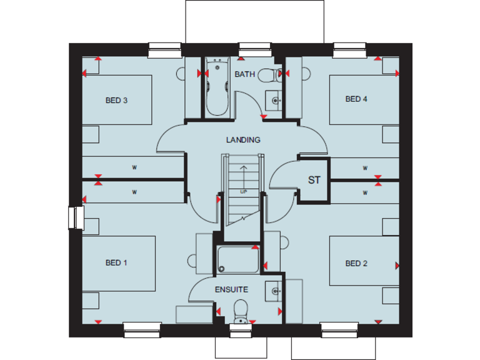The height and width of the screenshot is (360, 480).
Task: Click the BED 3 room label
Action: pos(116,100)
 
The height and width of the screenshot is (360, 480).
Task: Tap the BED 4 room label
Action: pos(356,99)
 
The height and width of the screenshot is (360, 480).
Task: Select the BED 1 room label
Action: pos(116,263)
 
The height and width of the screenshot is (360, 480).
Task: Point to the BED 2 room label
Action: pos(356,263)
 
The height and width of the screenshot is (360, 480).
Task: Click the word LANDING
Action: pos(243,140)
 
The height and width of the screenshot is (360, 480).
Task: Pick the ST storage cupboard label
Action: pos(314,180)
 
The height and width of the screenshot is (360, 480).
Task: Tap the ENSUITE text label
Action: pos(231,289)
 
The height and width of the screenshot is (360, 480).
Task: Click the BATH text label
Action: pos(244,74)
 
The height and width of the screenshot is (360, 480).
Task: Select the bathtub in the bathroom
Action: pos(217,88)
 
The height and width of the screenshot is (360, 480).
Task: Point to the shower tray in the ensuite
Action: pos(237,260)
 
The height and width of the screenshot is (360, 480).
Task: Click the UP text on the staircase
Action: pos(242,191)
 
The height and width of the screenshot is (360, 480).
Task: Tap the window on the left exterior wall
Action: pos(76,217)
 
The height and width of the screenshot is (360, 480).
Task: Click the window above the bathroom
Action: pos(251,48)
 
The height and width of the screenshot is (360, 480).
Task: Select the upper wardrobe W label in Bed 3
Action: pos(134,167)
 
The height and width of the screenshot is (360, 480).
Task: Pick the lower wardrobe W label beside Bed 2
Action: pos(364,192)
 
